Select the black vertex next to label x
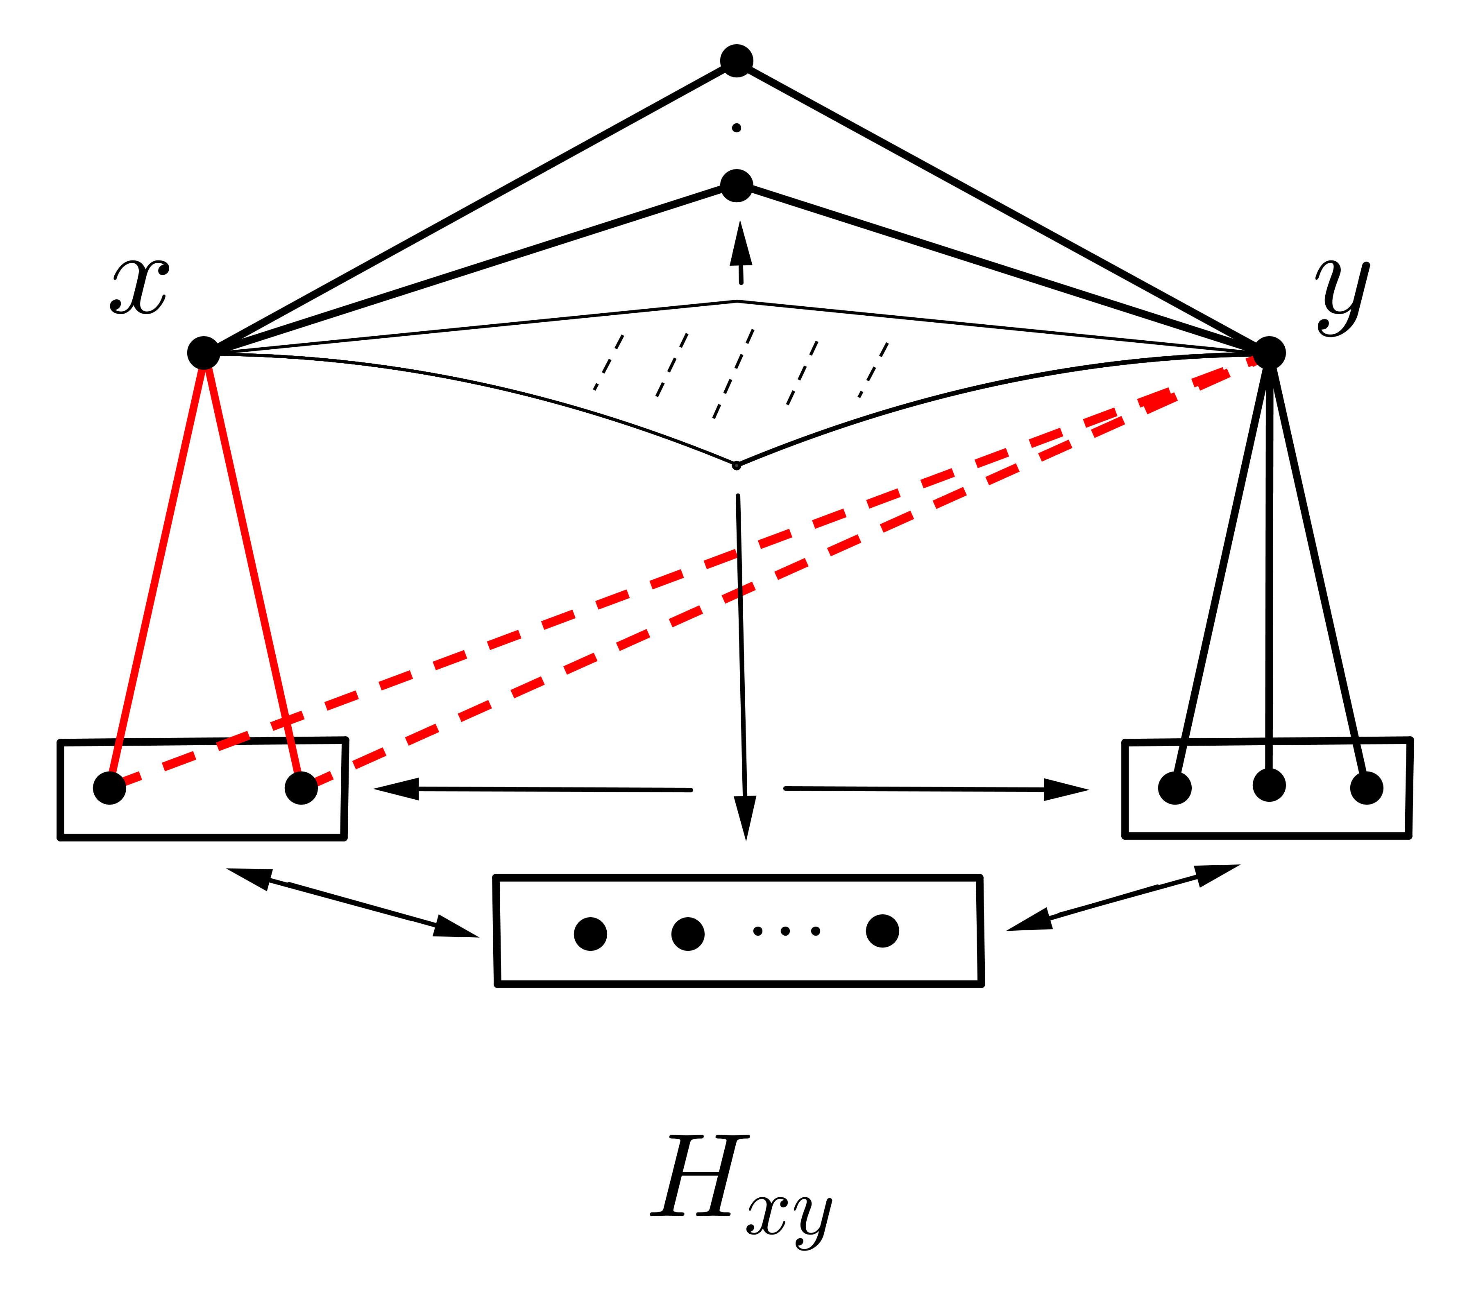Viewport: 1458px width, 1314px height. click(204, 352)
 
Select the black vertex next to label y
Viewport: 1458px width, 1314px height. click(1269, 352)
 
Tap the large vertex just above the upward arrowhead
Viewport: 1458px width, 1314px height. click(737, 185)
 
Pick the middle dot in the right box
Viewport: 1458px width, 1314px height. click(1269, 785)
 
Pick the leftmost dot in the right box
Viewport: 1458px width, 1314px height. click(1175, 788)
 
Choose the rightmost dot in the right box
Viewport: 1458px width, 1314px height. click(1366, 788)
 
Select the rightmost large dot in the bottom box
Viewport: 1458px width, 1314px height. click(882, 931)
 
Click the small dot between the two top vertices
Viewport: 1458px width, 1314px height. click(737, 128)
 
